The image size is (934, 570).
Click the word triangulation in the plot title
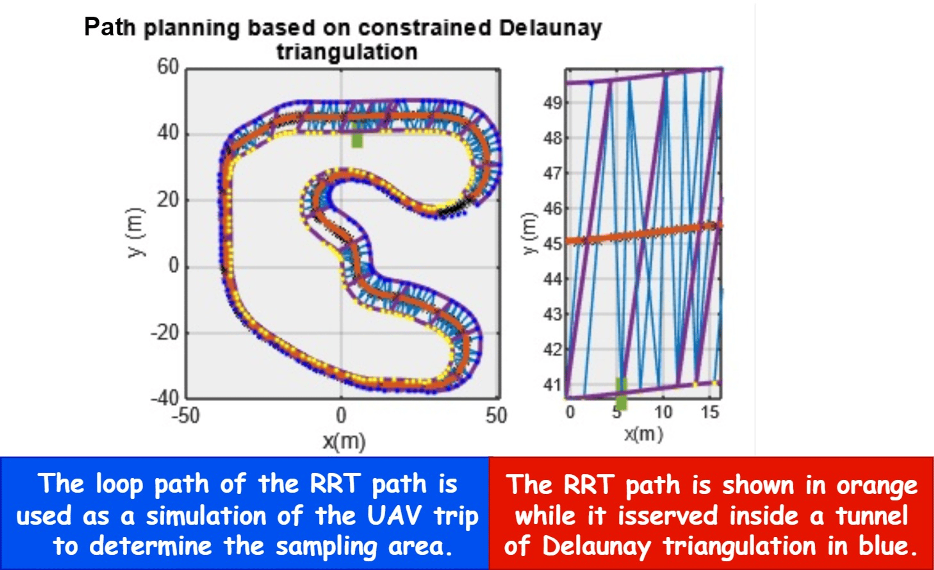click(x=347, y=52)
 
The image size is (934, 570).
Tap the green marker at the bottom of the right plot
click(x=621, y=394)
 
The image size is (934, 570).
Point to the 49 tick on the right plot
click(x=552, y=103)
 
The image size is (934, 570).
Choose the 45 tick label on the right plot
click(x=552, y=244)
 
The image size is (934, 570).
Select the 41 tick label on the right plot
click(x=552, y=385)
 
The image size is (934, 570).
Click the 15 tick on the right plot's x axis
click(x=710, y=412)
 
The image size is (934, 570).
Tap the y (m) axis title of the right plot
click(x=530, y=233)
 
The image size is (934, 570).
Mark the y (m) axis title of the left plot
click(x=135, y=233)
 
